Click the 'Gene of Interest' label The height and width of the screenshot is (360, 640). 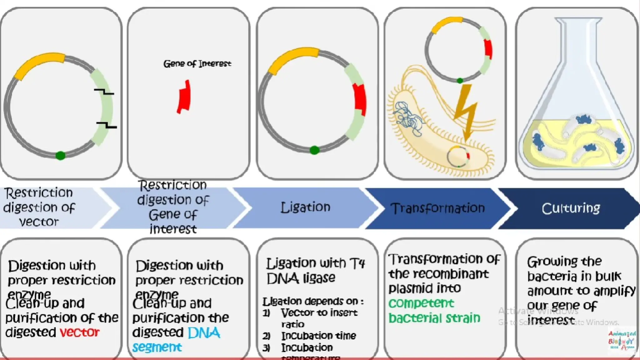[197, 64]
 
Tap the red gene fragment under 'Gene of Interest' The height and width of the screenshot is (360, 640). [184, 97]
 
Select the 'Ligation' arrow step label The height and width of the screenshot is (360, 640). [305, 207]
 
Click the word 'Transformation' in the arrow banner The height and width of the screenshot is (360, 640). [437, 208]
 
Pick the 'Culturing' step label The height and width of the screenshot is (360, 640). [571, 208]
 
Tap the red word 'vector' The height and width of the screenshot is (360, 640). [80, 332]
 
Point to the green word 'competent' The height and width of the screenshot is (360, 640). [421, 303]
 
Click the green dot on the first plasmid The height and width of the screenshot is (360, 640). [60, 155]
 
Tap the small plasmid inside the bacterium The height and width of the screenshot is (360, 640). [458, 156]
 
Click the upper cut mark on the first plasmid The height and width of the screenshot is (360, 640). [104, 92]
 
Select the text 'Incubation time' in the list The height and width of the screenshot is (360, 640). [318, 336]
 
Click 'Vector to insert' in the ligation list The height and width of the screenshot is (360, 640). [319, 313]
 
